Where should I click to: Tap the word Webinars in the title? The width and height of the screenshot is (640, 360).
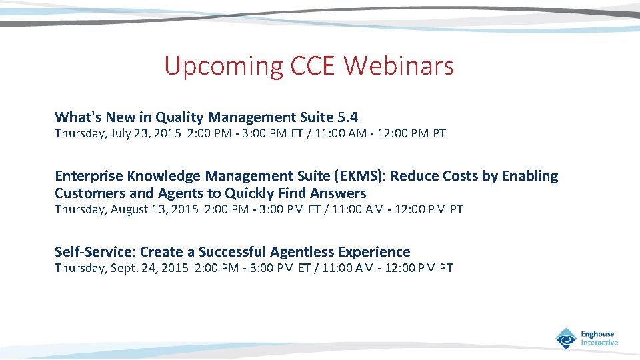400,67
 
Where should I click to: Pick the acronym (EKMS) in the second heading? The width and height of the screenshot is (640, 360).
365,176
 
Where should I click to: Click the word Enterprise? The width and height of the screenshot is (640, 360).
89,176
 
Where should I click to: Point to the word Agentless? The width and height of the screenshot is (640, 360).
302,252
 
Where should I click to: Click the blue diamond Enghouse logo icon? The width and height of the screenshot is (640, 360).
566,338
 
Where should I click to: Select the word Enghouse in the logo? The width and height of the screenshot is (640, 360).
597,334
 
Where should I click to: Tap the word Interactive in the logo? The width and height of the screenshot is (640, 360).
599,343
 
